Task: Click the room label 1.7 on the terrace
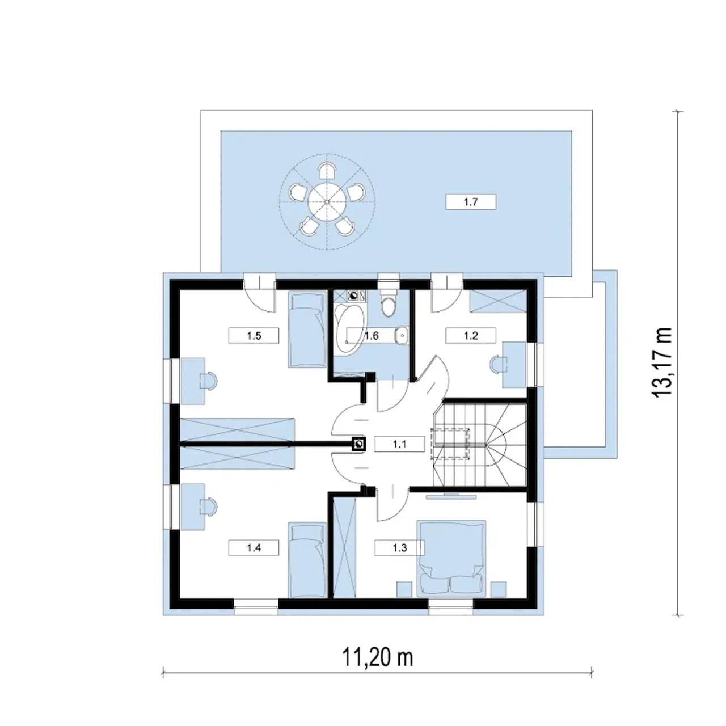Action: tap(471, 202)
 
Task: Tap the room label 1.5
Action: tap(254, 335)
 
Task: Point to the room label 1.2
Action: tap(471, 335)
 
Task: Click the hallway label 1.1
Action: tap(399, 444)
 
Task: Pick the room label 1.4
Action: tap(254, 548)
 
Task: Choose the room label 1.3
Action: tap(399, 548)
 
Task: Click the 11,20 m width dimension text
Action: tap(377, 657)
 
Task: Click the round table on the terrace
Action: tap(327, 202)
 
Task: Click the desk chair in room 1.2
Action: tap(497, 364)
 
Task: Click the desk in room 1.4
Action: tap(193, 507)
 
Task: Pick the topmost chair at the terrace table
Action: tap(327, 171)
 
